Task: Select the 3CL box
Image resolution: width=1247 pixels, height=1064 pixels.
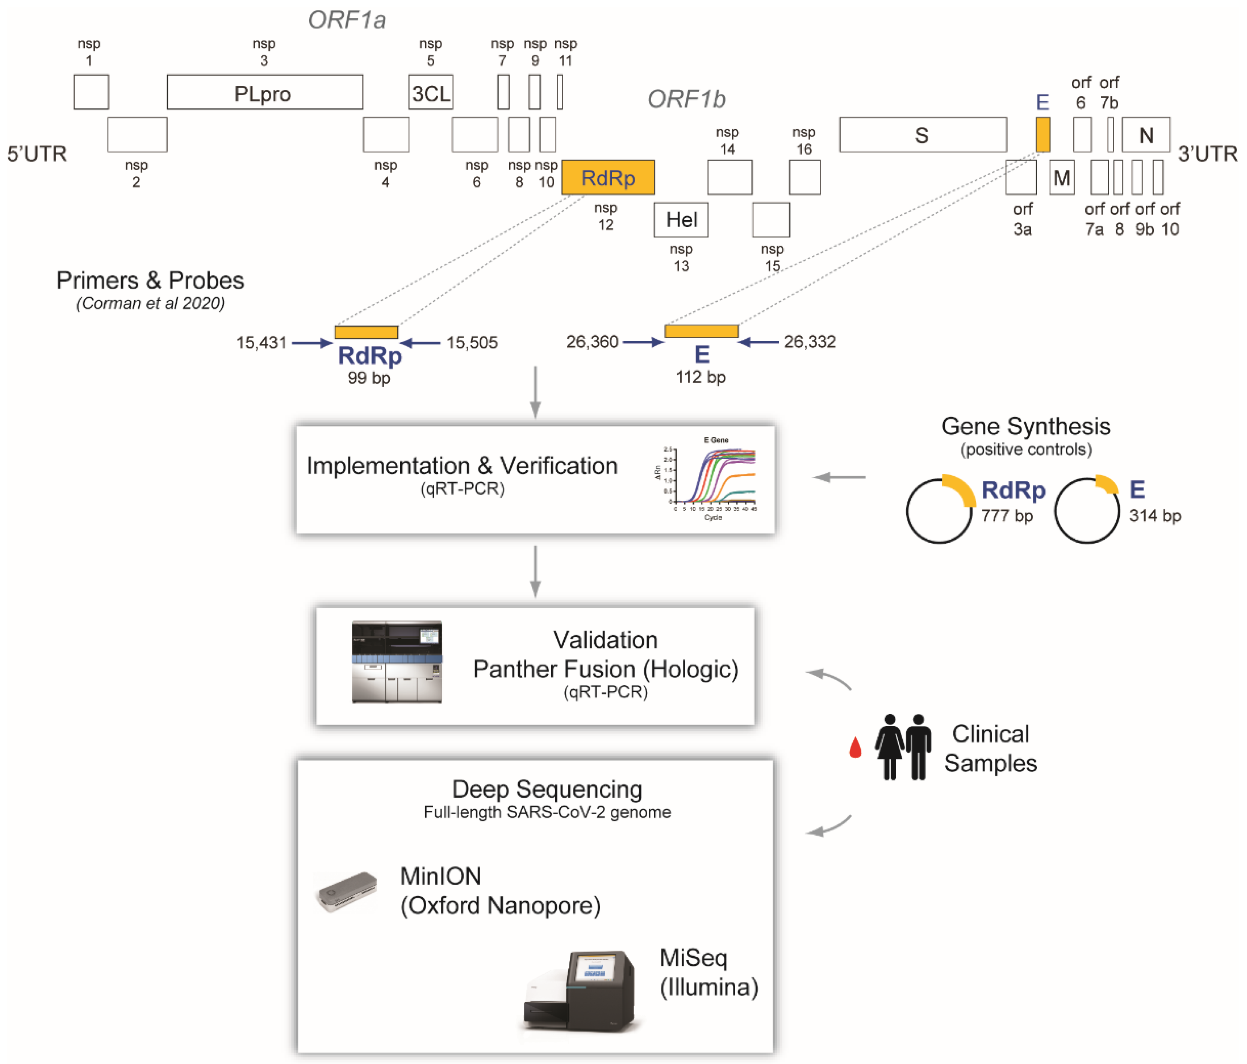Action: pyautogui.click(x=430, y=92)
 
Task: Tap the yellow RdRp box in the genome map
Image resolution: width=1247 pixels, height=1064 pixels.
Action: pyautogui.click(x=608, y=177)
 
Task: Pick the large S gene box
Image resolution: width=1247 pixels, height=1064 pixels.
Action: pyautogui.click(x=922, y=135)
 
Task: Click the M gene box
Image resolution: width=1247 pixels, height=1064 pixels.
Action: pyautogui.click(x=1062, y=177)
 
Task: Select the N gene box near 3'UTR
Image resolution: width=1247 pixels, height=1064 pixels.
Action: pyautogui.click(x=1145, y=135)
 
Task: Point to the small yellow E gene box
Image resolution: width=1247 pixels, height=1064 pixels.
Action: pyautogui.click(x=1043, y=134)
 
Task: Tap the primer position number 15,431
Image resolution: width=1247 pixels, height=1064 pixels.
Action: pyautogui.click(x=261, y=342)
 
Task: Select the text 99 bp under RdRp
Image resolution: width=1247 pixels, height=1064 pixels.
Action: pyautogui.click(x=369, y=378)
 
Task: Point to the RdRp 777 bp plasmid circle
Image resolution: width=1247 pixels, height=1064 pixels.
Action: pyautogui.click(x=939, y=510)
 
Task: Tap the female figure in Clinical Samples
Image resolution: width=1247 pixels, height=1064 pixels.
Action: pyautogui.click(x=889, y=746)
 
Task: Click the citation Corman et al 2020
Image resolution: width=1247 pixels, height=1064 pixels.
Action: pyautogui.click(x=150, y=303)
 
